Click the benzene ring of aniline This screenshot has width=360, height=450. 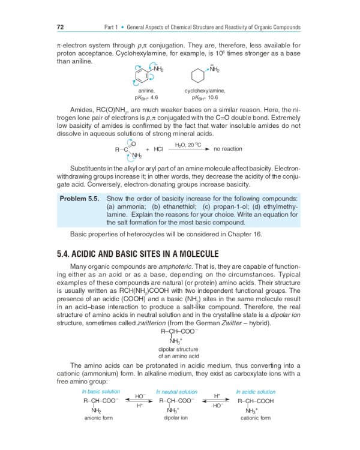(141, 76)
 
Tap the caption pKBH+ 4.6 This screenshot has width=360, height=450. (146, 97)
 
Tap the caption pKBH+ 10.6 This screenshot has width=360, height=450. (205, 97)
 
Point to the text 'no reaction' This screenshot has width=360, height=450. (228, 149)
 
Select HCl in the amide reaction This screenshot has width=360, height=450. (158, 149)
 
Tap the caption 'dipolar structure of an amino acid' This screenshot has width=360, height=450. (178, 352)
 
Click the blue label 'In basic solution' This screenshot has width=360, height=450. (101, 392)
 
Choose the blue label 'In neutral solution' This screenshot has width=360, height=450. (176, 392)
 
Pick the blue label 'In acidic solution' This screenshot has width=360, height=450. (256, 392)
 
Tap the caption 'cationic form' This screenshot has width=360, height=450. (255, 418)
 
